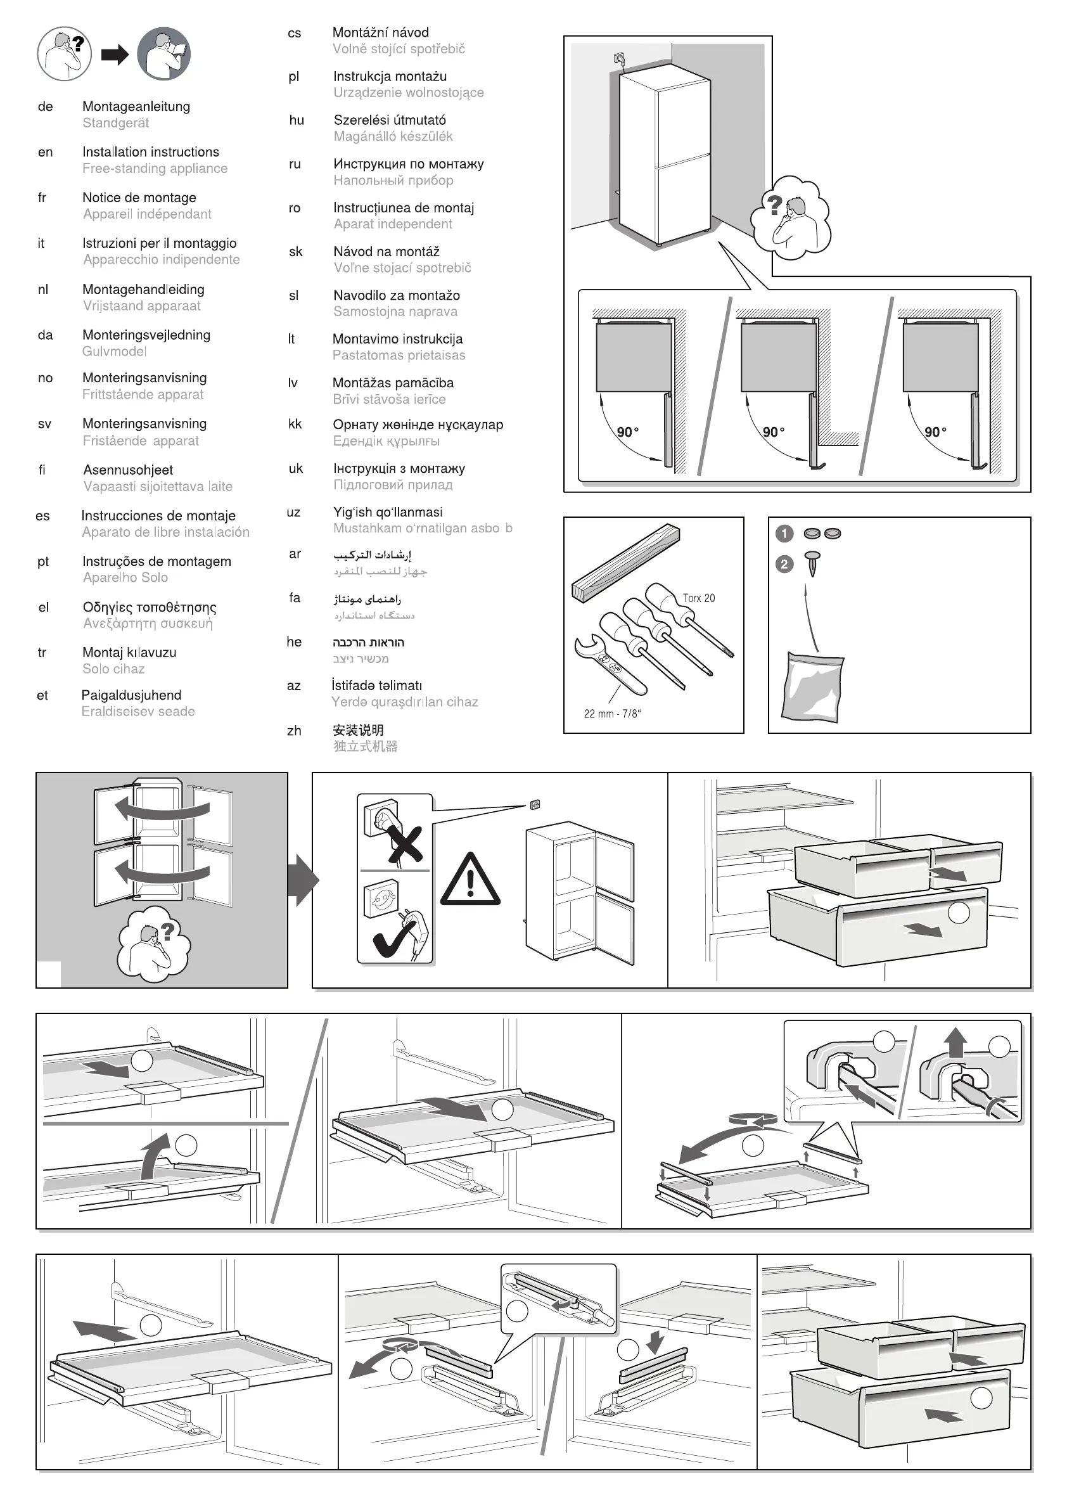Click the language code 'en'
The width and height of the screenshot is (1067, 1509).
pyautogui.click(x=46, y=153)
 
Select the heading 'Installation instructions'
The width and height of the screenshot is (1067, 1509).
pyautogui.click(x=150, y=152)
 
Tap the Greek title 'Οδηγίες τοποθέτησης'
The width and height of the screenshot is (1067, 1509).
pyautogui.click(x=149, y=607)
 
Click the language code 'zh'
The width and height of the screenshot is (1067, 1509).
pyautogui.click(x=294, y=731)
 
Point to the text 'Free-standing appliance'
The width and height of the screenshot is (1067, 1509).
pyautogui.click(x=155, y=168)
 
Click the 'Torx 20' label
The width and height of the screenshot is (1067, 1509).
pyautogui.click(x=698, y=598)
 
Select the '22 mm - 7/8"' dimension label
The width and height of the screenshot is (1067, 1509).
pyautogui.click(x=611, y=714)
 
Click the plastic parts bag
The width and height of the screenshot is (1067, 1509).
pyautogui.click(x=814, y=686)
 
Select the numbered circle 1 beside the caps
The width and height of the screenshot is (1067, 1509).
pyautogui.click(x=784, y=534)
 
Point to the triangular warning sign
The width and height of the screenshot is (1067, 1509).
pyautogui.click(x=470, y=881)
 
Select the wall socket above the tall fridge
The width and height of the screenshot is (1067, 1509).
pyautogui.click(x=619, y=58)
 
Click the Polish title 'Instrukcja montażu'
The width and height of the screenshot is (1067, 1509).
pyautogui.click(x=390, y=76)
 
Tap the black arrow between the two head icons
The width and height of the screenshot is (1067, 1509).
pyautogui.click(x=114, y=55)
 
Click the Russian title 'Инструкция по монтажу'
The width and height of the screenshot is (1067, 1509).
pyautogui.click(x=408, y=164)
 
